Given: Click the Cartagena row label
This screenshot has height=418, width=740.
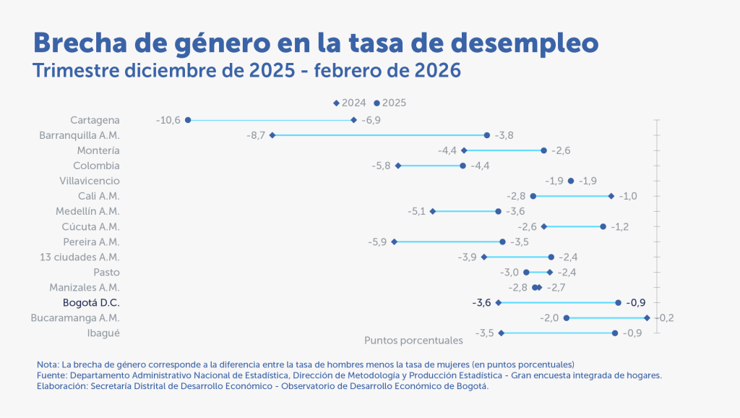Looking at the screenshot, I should (x=95, y=120).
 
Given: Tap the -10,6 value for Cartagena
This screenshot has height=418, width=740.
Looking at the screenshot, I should (x=168, y=120).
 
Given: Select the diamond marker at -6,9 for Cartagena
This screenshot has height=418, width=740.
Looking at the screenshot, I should (x=353, y=120).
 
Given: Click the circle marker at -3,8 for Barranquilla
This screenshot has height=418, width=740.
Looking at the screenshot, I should (x=487, y=135).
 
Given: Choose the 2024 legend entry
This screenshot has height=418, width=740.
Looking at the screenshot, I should (x=350, y=103).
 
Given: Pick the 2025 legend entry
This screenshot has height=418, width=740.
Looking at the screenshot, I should (x=390, y=103).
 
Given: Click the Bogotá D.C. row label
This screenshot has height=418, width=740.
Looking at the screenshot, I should (x=91, y=302).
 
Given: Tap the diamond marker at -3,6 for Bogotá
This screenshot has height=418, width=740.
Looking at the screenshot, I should (x=499, y=302).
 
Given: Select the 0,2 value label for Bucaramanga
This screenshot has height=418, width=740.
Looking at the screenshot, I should (x=663, y=317).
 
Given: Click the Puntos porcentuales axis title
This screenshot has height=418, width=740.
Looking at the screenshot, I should (x=413, y=340).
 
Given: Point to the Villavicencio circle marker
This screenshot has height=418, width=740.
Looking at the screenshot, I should (x=571, y=181).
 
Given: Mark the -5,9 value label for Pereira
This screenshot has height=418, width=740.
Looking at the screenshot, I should (x=377, y=242).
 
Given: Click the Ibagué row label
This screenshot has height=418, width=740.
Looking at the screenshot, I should (x=103, y=333).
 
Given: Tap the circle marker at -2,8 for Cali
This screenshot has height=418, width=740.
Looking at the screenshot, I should (x=533, y=196).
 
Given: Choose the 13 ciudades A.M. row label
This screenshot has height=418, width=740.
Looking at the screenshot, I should (x=80, y=257).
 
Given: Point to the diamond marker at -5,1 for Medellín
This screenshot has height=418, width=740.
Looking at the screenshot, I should (x=433, y=211).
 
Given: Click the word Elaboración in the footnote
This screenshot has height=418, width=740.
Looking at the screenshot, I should (x=61, y=386).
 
